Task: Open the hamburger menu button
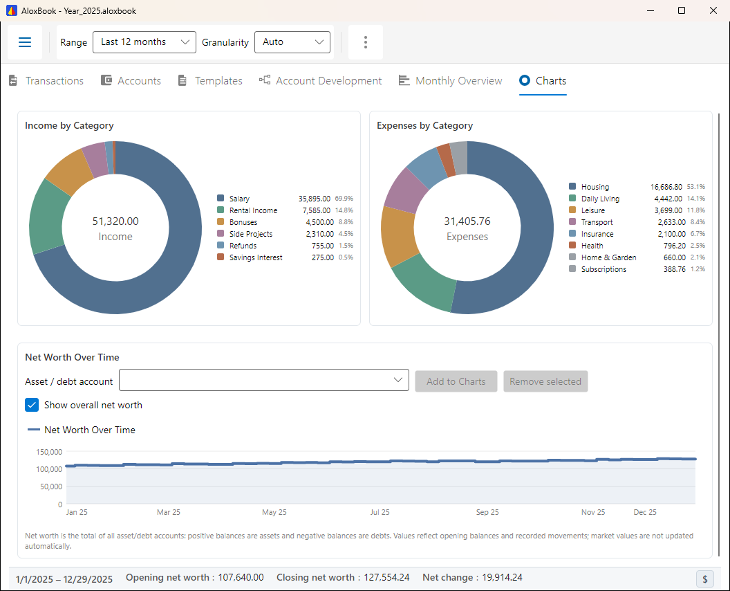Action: coord(25,42)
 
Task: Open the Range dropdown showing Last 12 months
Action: coord(144,42)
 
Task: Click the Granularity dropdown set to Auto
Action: coord(292,42)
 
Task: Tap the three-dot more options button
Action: coord(366,42)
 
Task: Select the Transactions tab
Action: coord(46,81)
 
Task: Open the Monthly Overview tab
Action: coord(450,81)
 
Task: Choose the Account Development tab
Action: coord(320,81)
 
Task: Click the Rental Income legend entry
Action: coord(247,210)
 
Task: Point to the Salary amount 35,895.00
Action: coord(315,199)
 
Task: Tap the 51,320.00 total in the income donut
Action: coord(115,221)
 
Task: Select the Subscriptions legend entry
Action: coord(598,269)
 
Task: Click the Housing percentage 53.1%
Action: coord(696,186)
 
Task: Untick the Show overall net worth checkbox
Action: coord(32,405)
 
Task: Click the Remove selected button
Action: coord(545,381)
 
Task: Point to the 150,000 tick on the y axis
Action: coord(49,452)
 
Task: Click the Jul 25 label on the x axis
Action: coord(380,512)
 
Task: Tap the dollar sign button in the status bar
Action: coord(705,579)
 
